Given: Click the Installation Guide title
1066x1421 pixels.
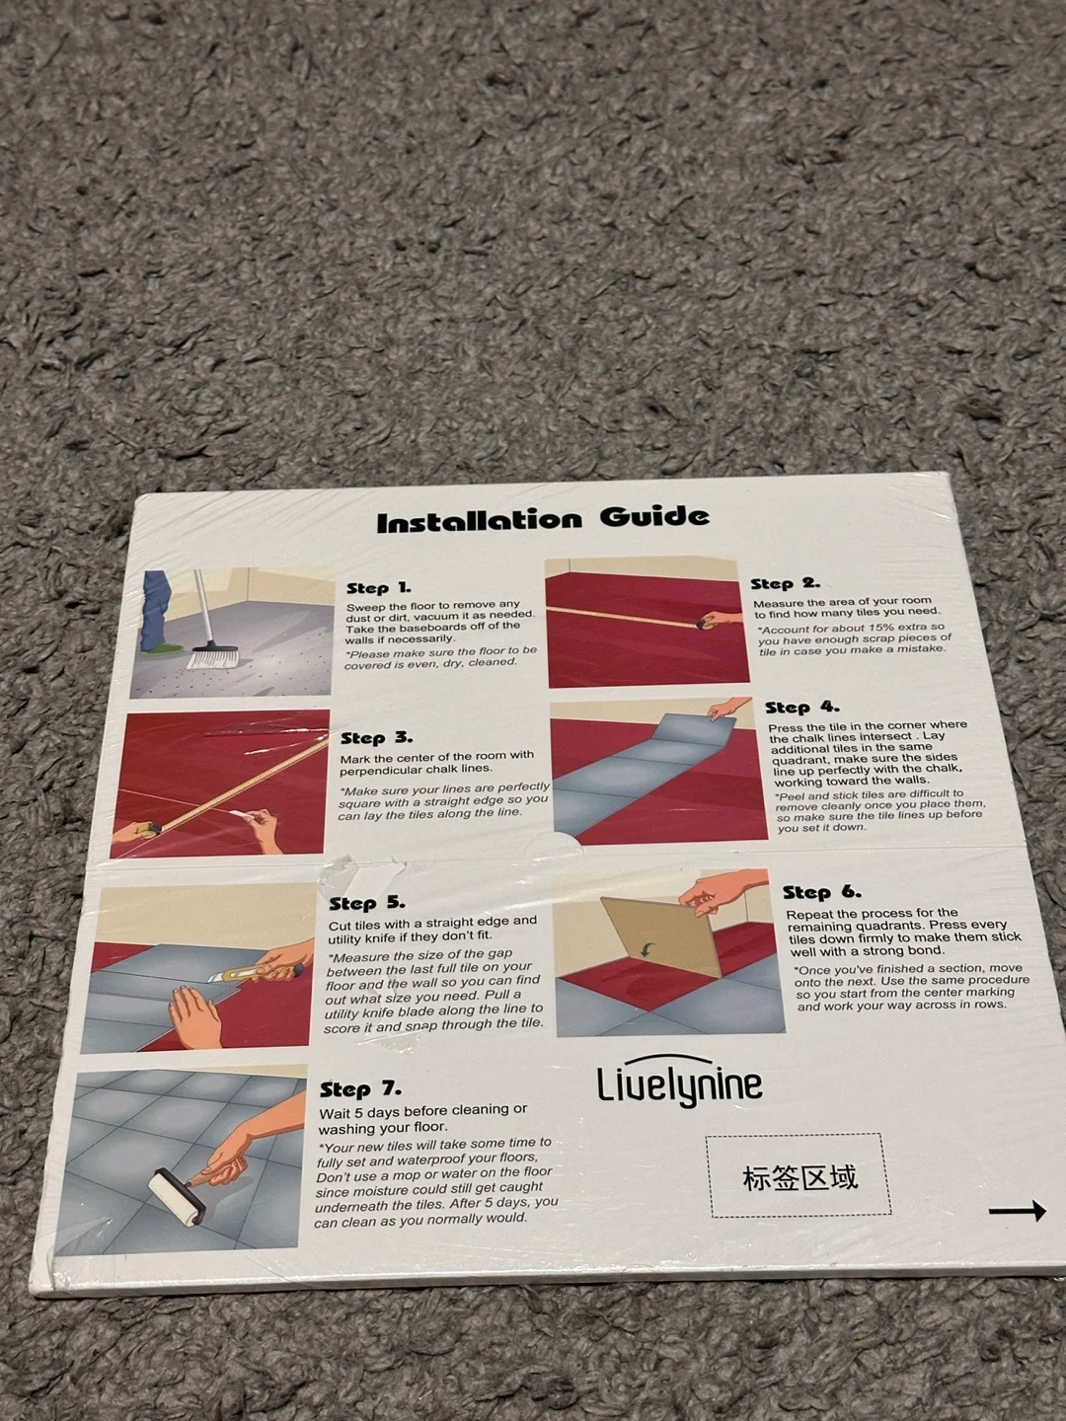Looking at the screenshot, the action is pos(543,519).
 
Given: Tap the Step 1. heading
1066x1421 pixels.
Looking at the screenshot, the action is pos(379,588).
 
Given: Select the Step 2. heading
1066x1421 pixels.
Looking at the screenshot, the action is pos(785,583).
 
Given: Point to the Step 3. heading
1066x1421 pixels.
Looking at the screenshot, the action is pos(376,738).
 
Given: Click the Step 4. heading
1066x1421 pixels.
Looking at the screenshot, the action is pos(801,707).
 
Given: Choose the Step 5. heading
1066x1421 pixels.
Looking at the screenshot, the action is pos(367,903).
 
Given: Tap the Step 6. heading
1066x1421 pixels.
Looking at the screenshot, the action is pos(822,892).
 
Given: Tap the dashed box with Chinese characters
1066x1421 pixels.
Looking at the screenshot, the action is pos(799,1175).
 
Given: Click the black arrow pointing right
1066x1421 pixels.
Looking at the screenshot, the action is pos(1018,1210).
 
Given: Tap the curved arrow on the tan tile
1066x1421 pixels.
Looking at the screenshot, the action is pos(647,949).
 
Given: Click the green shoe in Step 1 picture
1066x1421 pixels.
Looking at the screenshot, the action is pos(162,646).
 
